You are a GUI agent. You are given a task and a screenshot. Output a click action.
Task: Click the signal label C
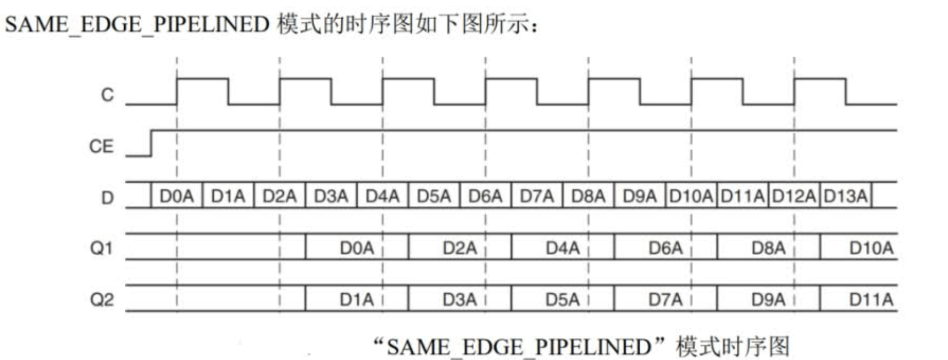[x=107, y=94]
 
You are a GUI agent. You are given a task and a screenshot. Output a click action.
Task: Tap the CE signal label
[x=101, y=146]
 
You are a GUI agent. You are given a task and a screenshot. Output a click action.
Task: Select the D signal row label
[x=107, y=198]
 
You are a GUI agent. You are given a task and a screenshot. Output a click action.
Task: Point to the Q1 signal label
[x=101, y=248]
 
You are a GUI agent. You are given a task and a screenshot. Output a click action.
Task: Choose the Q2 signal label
[x=102, y=300]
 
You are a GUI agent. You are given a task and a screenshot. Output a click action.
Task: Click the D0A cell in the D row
[x=176, y=196]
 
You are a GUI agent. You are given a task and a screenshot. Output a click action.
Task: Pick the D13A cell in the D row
[x=845, y=196]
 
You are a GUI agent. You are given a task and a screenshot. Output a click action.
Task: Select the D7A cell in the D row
[x=537, y=196]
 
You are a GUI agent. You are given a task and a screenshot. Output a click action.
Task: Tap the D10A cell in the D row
[x=691, y=196]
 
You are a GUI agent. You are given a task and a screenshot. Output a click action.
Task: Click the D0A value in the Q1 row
[x=357, y=248]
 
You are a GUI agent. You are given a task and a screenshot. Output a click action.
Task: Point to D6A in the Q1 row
[x=665, y=248]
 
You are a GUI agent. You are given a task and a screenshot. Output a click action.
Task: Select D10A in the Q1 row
[x=871, y=248]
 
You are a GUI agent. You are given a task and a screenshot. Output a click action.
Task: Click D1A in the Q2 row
[x=357, y=300]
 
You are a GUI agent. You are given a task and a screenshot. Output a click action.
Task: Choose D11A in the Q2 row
[x=871, y=300]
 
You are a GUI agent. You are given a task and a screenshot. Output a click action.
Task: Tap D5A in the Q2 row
[x=562, y=300]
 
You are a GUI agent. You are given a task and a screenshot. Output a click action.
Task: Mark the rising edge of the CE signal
[x=151, y=143]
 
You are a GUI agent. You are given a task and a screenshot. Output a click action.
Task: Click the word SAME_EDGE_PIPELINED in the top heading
[x=137, y=24]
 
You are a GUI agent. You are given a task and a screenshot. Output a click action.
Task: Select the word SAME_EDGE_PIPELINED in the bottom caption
[x=519, y=347]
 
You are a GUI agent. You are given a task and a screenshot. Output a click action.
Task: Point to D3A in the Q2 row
[x=459, y=300]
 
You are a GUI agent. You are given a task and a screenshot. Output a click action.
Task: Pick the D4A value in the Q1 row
[x=562, y=248]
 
